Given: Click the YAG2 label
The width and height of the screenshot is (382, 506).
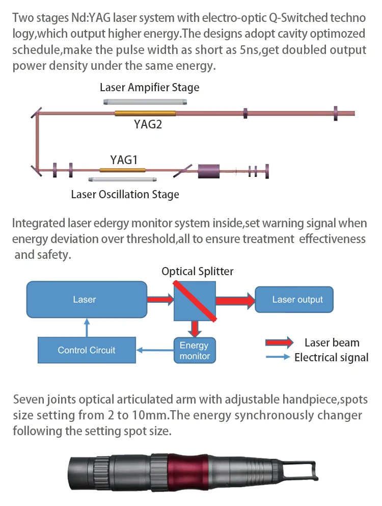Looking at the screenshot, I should coord(148,124).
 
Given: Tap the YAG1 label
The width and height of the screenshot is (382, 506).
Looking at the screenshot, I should coord(124,160).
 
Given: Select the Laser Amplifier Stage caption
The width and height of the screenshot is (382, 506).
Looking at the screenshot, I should coord(149,87).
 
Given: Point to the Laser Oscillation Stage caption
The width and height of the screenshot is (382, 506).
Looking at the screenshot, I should coord(125,194).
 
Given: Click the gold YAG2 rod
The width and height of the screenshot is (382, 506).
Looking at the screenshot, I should coord(145,113).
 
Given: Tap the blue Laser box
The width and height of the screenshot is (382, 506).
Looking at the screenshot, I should coord(85,299).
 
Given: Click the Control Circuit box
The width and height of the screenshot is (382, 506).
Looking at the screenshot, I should coord(86,350).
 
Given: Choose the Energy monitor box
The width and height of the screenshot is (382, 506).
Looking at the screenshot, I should coord(194,351).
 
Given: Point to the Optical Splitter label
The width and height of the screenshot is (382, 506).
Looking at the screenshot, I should coord(197,272).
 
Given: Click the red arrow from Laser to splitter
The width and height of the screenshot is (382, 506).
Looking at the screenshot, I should coord(160,299).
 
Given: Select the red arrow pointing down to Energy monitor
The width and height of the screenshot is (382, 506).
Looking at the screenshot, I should coord(194,328).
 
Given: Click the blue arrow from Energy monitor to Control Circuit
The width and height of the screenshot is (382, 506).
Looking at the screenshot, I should coord(155,350).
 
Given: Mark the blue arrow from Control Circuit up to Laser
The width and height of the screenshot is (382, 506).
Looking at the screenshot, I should coord(87,327).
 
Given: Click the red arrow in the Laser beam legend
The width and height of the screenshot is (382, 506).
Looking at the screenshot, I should coord(279,342).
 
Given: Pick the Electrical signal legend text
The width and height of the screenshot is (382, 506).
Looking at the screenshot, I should coord(331,357).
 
